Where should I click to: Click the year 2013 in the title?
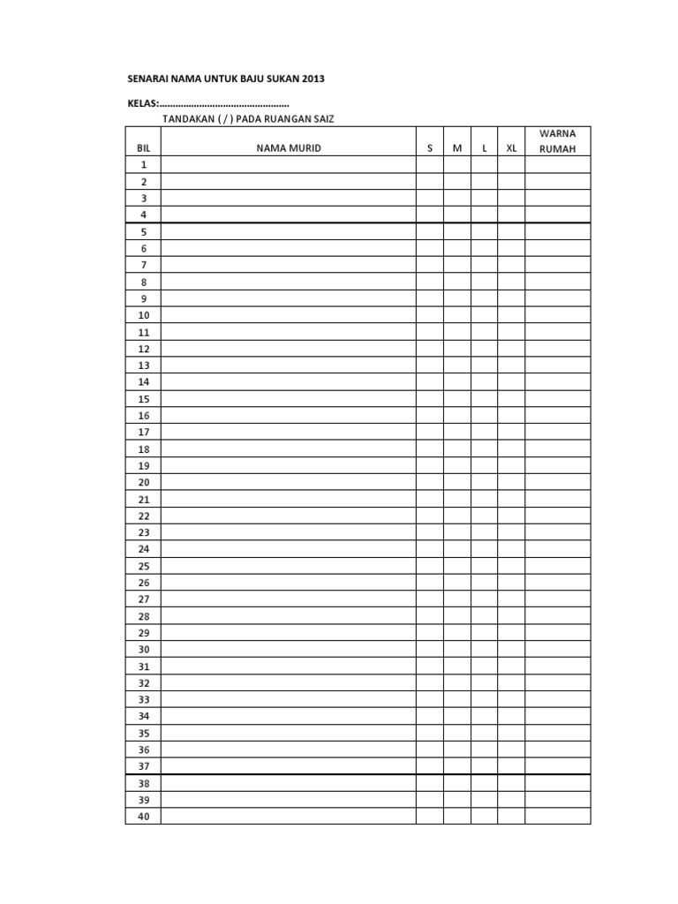[312, 79]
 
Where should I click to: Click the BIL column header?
[143, 148]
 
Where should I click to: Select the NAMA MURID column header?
[289, 148]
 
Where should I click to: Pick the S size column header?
[430, 148]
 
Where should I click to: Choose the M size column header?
[457, 148]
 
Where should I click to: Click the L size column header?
[485, 148]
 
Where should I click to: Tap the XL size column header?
[511, 148]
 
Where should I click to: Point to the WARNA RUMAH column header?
[557, 141]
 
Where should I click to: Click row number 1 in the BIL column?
[143, 165]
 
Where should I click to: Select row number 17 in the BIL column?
[144, 433]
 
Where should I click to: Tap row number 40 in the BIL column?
[144, 817]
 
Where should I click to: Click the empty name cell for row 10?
[289, 315]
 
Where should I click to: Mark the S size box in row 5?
[430, 232]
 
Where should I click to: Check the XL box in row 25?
[511, 566]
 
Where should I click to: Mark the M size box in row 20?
[457, 483]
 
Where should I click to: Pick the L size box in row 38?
[485, 783]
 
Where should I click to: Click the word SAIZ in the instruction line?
[321, 119]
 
